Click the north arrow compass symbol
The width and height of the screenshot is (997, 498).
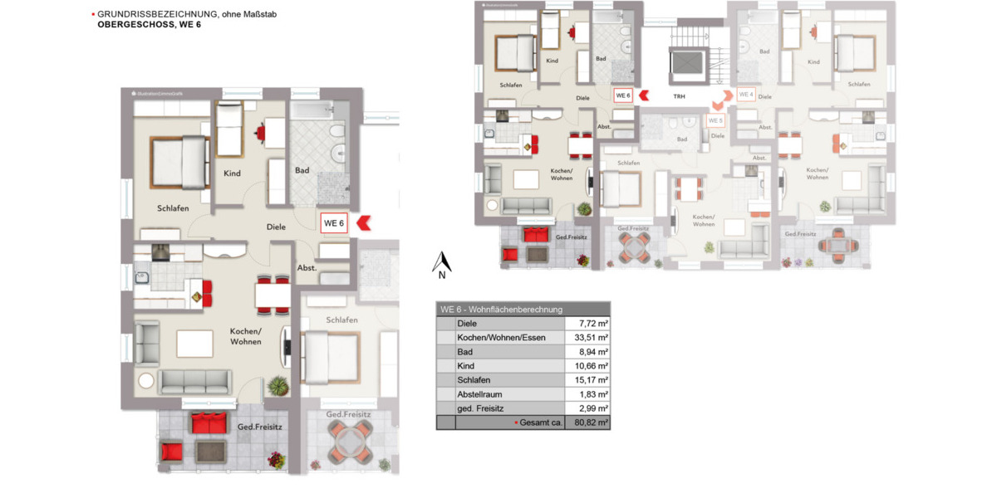tap(442, 264)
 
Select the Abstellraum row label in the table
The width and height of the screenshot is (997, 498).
tap(480, 394)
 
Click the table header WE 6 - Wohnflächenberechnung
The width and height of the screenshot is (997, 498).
tap(502, 310)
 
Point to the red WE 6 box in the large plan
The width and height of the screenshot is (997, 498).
tap(334, 222)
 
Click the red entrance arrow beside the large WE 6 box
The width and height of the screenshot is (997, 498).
tap(363, 222)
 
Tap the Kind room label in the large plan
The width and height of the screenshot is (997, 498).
tap(232, 173)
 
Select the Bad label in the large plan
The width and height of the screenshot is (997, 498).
tap(302, 170)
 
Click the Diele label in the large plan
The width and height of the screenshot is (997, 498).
tap(276, 227)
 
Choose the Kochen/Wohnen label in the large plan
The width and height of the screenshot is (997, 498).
tap(246, 336)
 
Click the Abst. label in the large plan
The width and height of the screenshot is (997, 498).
tap(307, 268)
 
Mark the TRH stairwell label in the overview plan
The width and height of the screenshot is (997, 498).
tap(679, 96)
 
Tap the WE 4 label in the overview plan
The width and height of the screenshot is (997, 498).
tap(745, 95)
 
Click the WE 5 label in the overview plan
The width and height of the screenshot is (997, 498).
tap(715, 120)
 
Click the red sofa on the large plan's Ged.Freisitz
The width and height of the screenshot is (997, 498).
tap(209, 423)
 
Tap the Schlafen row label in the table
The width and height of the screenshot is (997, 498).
tap(474, 380)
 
